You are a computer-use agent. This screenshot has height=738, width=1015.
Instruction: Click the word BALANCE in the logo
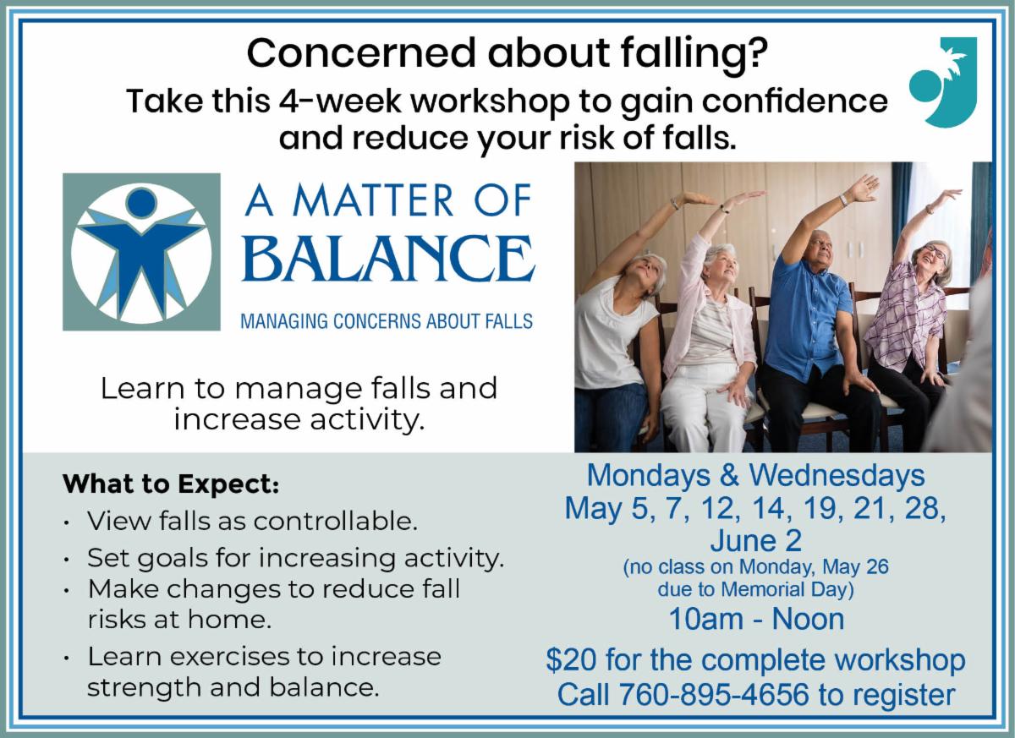tap(388, 258)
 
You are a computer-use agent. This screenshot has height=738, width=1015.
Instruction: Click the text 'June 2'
tap(756, 540)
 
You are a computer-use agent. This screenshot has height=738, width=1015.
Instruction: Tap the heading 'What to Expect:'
tap(171, 484)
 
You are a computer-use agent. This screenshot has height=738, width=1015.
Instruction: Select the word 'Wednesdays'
tap(837, 475)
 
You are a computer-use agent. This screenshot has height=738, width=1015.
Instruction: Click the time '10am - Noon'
tap(756, 619)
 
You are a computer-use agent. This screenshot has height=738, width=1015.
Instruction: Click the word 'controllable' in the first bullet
tap(335, 521)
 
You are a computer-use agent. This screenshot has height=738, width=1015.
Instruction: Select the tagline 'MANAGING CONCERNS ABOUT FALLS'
tap(387, 321)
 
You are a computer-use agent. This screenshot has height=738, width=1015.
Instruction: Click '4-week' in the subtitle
tap(340, 101)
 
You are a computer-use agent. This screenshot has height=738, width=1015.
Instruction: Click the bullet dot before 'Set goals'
tap(67, 560)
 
